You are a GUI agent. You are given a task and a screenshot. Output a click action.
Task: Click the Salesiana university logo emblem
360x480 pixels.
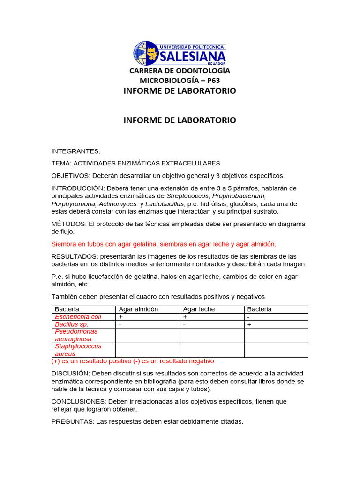(x=146, y=52)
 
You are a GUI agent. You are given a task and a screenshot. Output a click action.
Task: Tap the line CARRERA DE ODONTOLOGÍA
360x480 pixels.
(x=180, y=71)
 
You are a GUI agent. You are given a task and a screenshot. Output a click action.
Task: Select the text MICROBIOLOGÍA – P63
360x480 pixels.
(x=180, y=80)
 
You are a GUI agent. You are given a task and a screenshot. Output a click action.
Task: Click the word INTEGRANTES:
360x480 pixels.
(x=76, y=151)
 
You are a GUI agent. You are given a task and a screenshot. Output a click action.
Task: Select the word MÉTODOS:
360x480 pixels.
(x=68, y=224)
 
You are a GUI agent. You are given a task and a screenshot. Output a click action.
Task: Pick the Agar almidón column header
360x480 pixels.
(x=138, y=309)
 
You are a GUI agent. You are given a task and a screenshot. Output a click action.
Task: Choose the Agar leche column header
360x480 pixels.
(x=199, y=309)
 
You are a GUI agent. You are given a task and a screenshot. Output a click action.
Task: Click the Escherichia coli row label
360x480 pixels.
(x=78, y=317)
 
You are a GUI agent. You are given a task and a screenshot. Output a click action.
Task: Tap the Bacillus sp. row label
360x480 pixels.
(x=72, y=324)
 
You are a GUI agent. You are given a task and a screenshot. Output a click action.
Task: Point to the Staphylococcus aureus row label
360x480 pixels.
(x=78, y=350)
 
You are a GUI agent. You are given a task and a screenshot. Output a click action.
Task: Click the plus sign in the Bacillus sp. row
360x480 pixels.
(x=249, y=324)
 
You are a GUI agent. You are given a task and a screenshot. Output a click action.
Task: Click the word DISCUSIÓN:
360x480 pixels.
(x=71, y=373)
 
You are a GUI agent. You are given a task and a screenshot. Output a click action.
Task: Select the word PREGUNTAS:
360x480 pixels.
(x=73, y=421)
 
